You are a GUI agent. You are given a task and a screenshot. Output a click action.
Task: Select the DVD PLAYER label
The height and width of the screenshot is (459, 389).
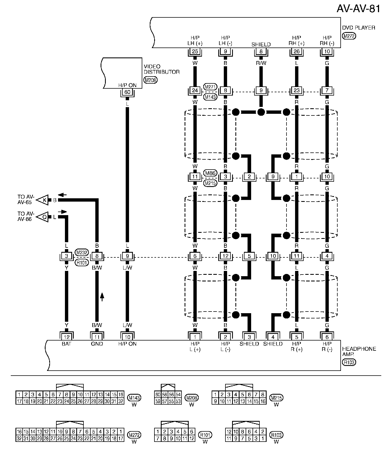(359, 28)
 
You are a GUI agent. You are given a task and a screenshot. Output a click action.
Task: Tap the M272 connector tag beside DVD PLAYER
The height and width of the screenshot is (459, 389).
(349, 36)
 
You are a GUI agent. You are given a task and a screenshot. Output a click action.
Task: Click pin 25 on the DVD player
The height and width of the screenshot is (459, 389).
(195, 51)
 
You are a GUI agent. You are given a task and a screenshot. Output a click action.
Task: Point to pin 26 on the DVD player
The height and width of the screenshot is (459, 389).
(296, 51)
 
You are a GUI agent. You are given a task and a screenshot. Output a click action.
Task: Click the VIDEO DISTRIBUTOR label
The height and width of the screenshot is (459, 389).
(162, 69)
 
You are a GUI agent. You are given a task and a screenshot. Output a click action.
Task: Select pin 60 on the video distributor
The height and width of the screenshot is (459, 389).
(127, 92)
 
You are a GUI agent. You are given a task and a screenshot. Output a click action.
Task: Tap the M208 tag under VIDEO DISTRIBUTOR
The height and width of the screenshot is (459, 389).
(151, 80)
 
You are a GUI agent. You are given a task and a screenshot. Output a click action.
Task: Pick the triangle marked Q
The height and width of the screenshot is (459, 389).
(44, 217)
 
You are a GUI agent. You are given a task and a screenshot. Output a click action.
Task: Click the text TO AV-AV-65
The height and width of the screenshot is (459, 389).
(26, 199)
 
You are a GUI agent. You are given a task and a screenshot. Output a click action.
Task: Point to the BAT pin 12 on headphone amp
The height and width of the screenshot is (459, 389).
(67, 337)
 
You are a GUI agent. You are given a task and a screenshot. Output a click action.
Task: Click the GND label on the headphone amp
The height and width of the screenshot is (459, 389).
(97, 344)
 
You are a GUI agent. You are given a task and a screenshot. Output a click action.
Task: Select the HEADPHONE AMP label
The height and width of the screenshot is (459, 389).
(359, 351)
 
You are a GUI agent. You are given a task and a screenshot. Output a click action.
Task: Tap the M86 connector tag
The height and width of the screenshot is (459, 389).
(211, 173)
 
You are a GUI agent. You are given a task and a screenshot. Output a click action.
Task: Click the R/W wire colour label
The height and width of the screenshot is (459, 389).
(261, 63)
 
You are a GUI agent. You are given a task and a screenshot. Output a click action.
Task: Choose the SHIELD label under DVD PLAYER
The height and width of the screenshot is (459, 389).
(261, 44)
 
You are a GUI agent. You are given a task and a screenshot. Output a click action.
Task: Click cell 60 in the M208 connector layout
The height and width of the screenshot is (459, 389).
(157, 395)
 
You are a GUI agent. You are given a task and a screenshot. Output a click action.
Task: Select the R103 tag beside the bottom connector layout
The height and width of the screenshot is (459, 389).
(276, 435)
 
